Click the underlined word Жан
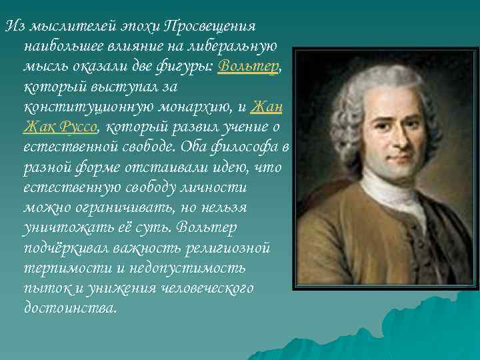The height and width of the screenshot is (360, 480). point(266,107)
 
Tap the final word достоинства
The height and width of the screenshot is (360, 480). point(69,308)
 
